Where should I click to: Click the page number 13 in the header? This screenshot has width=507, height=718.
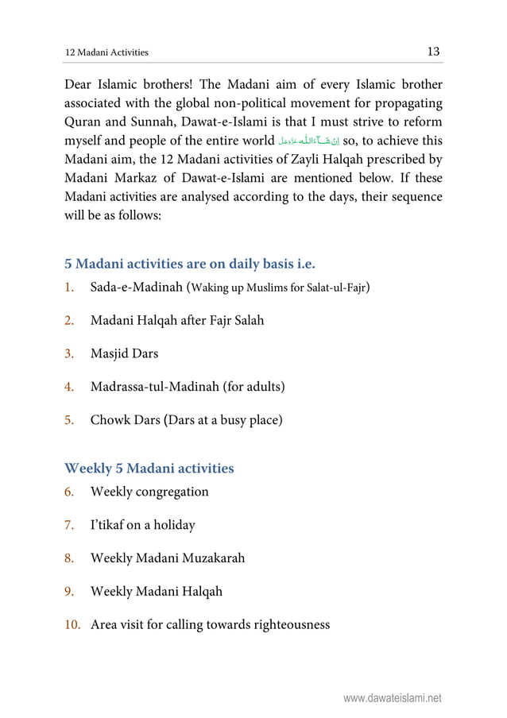pos(433,52)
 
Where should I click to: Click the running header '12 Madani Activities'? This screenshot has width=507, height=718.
pos(106,53)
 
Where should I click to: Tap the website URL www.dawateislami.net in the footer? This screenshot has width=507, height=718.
pos(392,699)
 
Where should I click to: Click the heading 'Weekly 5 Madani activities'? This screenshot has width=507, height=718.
pos(149,468)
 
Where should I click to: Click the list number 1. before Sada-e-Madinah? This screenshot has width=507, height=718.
pos(69,287)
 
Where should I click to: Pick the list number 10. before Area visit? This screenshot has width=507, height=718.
pos(73,625)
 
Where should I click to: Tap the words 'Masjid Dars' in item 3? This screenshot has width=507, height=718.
pos(124,353)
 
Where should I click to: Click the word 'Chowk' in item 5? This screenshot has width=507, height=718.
pos(110,420)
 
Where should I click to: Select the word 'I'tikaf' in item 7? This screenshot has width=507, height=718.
pos(109,525)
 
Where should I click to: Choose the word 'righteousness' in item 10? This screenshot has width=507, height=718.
pos(288,625)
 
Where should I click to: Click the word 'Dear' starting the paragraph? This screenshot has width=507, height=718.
pos(81,84)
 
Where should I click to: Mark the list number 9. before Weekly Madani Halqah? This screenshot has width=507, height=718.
pos(70,592)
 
